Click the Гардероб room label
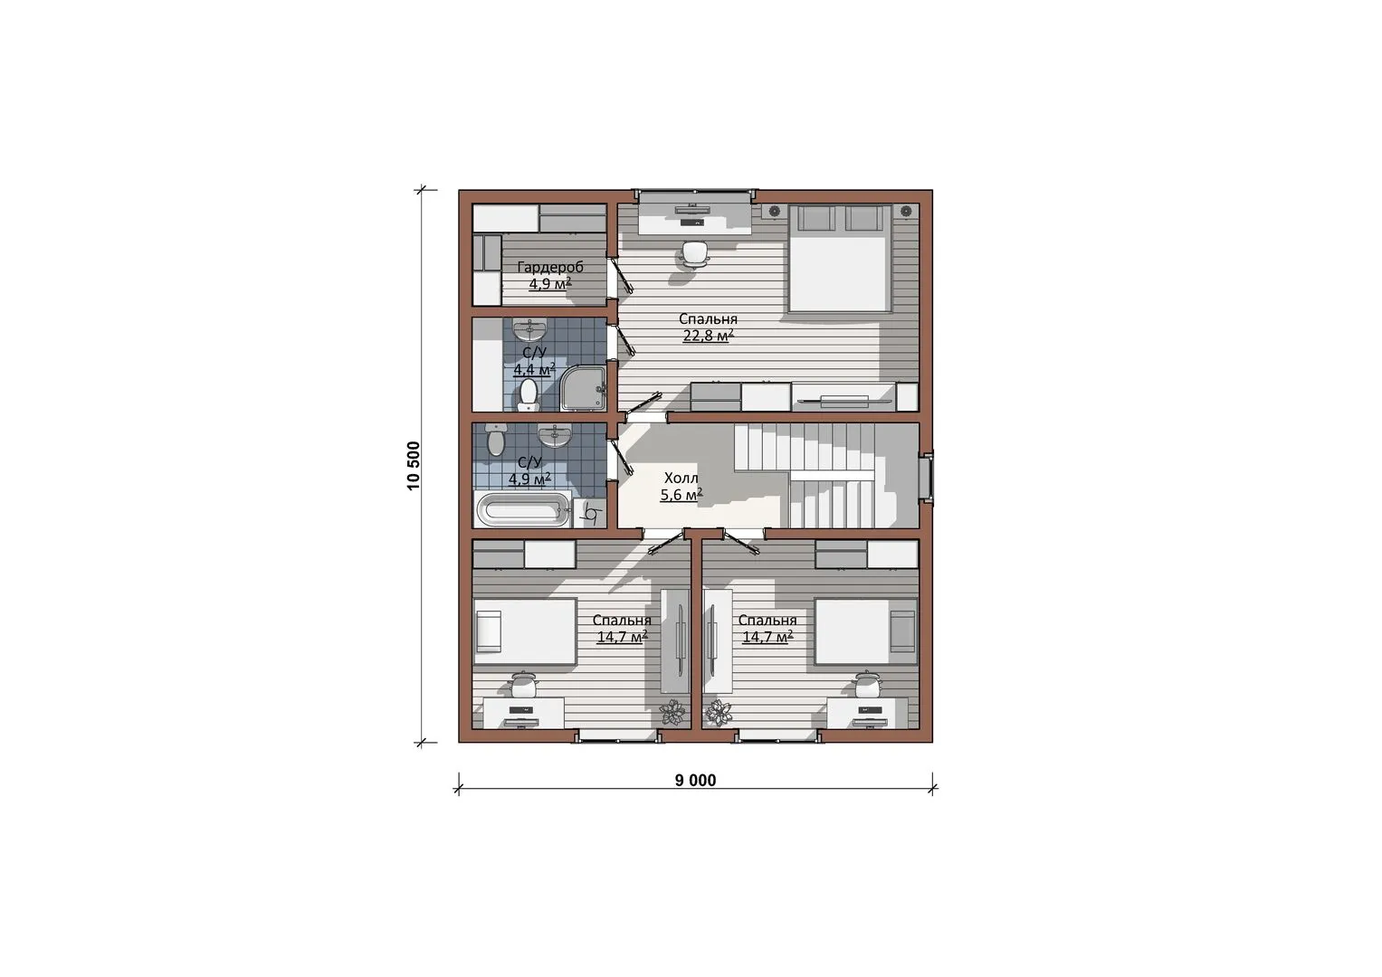(550, 268)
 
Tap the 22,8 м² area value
(708, 336)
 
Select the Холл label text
(681, 478)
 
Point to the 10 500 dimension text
(414, 466)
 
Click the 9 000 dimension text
(695, 781)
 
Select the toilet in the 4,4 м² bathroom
(529, 395)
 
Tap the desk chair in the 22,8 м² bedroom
(695, 254)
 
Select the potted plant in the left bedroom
(672, 713)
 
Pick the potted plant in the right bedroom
(719, 713)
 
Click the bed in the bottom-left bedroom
(525, 631)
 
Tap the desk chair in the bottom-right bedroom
(868, 684)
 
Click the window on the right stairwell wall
(926, 477)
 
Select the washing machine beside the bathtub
(590, 513)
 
